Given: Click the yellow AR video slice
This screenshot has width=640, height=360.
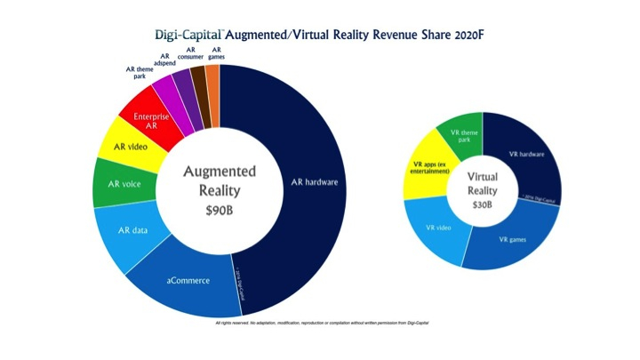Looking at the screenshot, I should click(x=134, y=145).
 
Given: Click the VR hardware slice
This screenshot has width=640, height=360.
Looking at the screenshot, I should click(x=528, y=154).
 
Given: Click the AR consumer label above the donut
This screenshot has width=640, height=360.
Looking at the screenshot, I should click(x=190, y=54).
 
